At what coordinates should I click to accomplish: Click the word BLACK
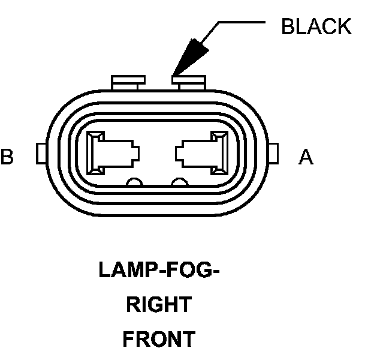[x=316, y=27]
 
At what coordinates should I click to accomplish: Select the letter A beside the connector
[x=306, y=157]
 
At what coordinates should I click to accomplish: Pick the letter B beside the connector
[x=7, y=157]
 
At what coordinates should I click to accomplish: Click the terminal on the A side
[x=201, y=154]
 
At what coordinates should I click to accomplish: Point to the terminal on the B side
[x=112, y=154]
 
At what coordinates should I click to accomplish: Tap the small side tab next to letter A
[x=275, y=154]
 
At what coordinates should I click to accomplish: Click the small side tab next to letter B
[x=40, y=154]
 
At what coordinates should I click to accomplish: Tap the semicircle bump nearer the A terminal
[x=179, y=182]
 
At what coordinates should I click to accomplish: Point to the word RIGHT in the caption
[x=158, y=305]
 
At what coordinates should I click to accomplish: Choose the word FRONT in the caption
[x=158, y=340]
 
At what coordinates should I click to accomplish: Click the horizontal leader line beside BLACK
[x=240, y=23]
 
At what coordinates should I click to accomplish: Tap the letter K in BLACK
[x=343, y=27]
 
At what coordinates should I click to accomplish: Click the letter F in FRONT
[x=128, y=340]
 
